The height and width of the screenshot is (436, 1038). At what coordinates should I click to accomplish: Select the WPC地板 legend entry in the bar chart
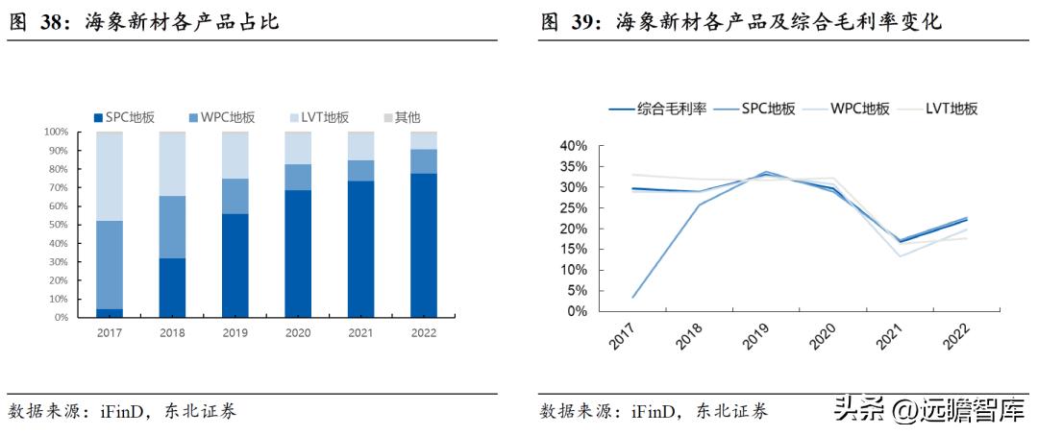(228, 117)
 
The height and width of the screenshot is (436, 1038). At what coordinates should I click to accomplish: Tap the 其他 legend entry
(401, 117)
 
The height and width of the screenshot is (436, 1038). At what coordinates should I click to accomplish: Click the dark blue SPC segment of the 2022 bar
(423, 245)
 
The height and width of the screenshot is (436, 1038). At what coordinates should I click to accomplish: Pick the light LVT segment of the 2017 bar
(110, 176)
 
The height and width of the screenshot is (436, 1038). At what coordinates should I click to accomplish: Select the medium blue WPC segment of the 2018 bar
(172, 227)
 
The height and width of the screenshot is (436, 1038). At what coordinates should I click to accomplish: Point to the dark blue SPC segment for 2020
(298, 254)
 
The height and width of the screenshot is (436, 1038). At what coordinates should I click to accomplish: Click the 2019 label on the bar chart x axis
(235, 333)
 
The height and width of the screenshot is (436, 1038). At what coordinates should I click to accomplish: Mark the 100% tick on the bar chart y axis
(55, 132)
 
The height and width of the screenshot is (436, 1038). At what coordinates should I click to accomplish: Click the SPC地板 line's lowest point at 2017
(631, 298)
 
